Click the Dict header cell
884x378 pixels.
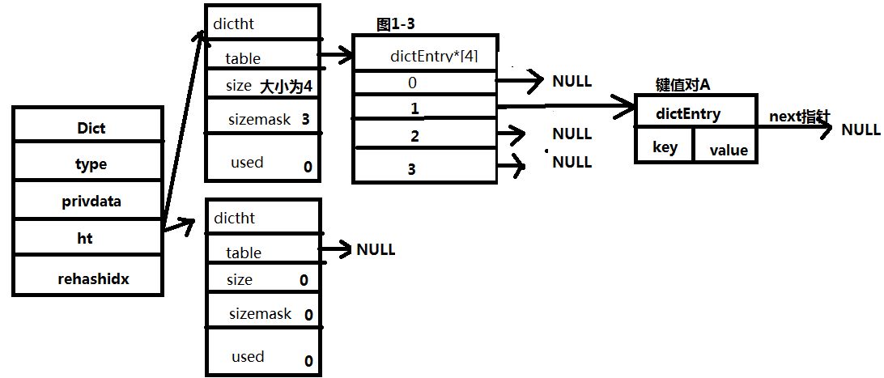point(91,128)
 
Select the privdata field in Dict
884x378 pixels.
point(91,202)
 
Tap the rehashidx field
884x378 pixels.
point(93,278)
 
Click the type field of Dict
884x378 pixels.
point(91,164)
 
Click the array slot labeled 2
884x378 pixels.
point(414,136)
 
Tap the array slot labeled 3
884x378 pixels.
point(412,168)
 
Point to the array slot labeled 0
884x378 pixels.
point(413,82)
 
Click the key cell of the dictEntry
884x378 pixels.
point(665,148)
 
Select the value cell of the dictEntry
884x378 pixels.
point(729,150)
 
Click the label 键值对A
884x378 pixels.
point(682,86)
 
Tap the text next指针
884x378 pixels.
point(799,117)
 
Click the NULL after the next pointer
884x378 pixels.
point(861,130)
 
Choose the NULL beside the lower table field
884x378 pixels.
point(376,249)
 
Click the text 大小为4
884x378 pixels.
point(287,86)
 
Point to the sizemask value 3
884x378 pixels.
point(305,119)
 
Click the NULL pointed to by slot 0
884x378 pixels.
point(572,81)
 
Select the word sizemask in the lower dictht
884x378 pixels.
point(259,313)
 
